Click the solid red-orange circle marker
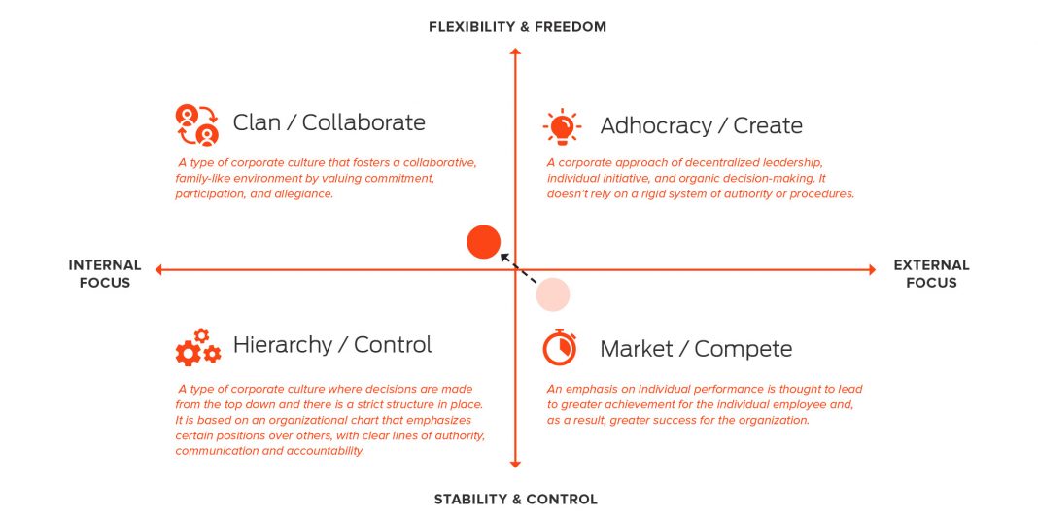tap(483, 242)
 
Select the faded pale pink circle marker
tap(553, 294)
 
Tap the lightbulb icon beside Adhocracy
tap(562, 126)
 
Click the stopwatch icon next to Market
tap(560, 347)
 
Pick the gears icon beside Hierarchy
tap(197, 347)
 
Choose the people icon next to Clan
tap(196, 123)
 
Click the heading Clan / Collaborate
tap(329, 122)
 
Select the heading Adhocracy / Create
tap(701, 125)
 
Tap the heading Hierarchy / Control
tap(332, 345)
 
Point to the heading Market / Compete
tap(696, 349)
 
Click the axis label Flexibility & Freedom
tap(517, 27)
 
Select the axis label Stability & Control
tap(516, 500)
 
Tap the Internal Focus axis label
tap(105, 274)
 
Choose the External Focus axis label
tap(931, 274)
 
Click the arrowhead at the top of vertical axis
tap(516, 51)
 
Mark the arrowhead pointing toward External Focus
tap(872, 269)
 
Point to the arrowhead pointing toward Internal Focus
tap(158, 269)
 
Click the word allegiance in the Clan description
tap(304, 194)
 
